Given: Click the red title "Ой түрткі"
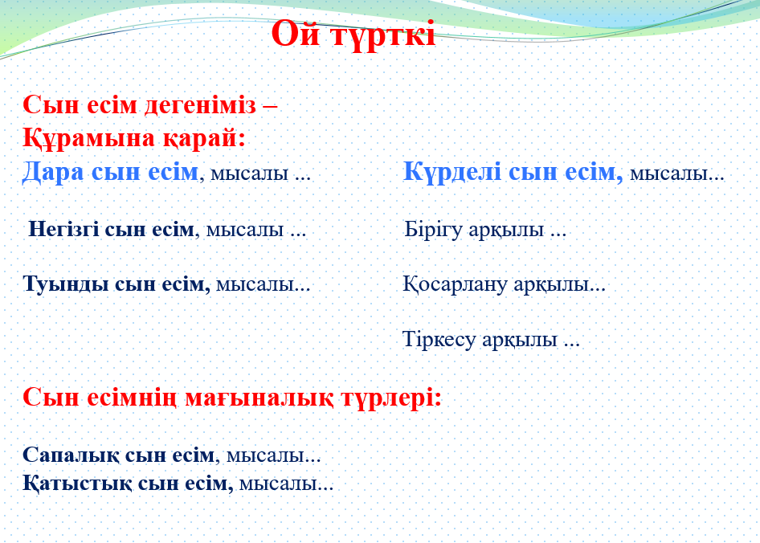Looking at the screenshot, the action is click(353, 34).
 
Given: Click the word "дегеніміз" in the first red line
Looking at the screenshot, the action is click(200, 105).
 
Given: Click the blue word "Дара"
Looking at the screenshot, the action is click(53, 172).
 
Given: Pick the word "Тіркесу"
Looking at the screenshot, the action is click(439, 339).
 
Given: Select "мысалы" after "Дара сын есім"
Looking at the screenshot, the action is click(250, 174).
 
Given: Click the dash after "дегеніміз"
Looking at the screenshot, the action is click(270, 107).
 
